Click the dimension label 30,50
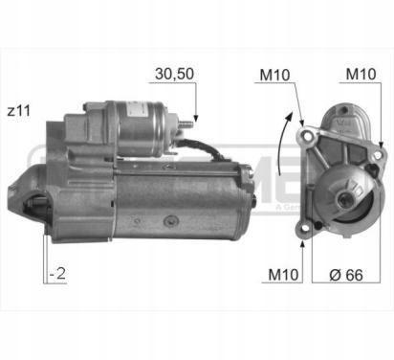click(174, 74)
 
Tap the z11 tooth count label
click(19, 111)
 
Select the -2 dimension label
click(57, 274)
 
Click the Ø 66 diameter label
click(346, 275)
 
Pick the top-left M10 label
click(274, 75)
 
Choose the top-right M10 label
click(361, 74)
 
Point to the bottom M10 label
click(283, 275)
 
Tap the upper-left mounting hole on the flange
click(307, 136)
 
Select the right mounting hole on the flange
click(378, 155)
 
